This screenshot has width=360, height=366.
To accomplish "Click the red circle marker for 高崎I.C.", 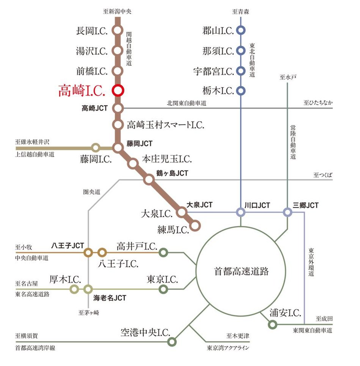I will point(118,90).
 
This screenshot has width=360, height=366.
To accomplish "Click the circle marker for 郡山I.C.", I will point(240,30).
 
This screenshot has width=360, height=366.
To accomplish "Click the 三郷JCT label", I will point(306,205).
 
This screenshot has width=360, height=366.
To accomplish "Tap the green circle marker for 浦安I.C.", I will point(272,325).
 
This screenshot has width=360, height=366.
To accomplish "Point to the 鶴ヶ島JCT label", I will point(172,173).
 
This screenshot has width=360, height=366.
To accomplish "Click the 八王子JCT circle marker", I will point(88,252).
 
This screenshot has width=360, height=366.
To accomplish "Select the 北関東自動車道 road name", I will point(186,103).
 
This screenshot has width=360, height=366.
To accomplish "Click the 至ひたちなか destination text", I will point(318,103).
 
